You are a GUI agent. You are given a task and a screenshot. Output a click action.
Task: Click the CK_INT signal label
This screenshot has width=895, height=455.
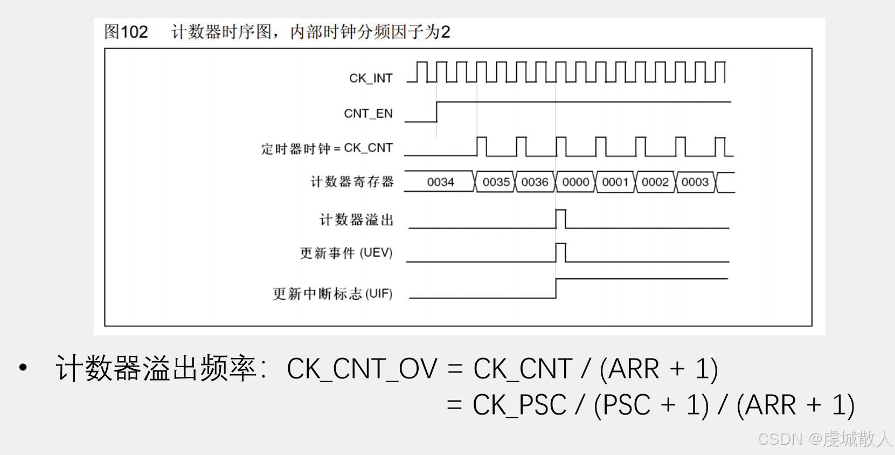(x=371, y=79)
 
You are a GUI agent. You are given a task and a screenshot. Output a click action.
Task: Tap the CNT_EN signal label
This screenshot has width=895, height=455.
(x=368, y=114)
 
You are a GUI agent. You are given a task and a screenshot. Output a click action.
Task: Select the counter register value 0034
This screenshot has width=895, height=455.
(x=440, y=182)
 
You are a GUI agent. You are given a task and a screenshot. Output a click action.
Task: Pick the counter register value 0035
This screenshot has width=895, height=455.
(x=496, y=182)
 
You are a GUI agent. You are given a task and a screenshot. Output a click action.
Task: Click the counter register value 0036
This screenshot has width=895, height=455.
(x=535, y=182)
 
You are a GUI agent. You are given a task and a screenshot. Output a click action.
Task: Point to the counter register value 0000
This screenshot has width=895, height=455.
(x=575, y=182)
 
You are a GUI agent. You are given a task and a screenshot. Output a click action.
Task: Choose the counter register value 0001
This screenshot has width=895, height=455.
(x=615, y=182)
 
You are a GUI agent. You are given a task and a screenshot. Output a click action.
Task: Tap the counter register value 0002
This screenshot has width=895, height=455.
(x=655, y=182)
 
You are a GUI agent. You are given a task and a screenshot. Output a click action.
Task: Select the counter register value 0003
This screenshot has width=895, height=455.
(x=695, y=182)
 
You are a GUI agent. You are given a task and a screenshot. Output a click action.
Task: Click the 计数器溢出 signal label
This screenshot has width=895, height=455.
(x=356, y=220)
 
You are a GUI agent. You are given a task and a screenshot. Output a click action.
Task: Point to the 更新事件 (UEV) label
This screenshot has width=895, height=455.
(x=346, y=253)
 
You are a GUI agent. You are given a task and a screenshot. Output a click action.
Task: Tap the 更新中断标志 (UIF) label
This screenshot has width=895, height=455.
(x=332, y=294)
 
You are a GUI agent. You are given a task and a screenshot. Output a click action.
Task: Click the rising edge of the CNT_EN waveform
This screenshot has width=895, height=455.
(x=436, y=112)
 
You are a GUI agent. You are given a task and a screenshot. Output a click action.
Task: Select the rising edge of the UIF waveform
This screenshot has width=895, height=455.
(x=556, y=288)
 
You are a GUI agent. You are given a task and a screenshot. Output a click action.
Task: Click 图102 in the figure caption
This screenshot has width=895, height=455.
(x=126, y=32)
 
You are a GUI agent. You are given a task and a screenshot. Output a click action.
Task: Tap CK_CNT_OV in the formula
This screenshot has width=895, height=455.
(x=362, y=369)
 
